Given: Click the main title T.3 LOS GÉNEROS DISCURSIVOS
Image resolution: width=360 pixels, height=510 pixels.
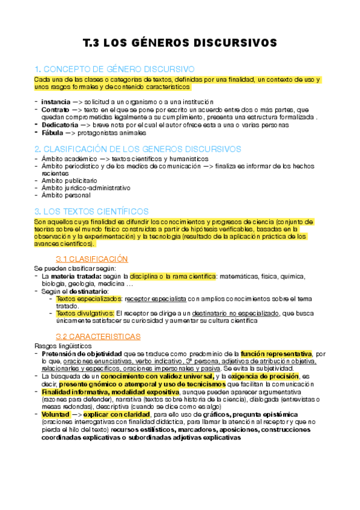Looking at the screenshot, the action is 180,43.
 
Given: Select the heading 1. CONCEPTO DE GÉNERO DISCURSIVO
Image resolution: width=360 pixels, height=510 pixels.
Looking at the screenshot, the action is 114,69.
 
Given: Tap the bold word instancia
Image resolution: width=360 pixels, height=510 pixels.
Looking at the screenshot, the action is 55,102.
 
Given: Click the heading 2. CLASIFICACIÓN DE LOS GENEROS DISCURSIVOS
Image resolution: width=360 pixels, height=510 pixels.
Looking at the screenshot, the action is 138,149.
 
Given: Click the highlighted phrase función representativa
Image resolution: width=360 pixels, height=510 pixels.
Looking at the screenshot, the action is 276,354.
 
